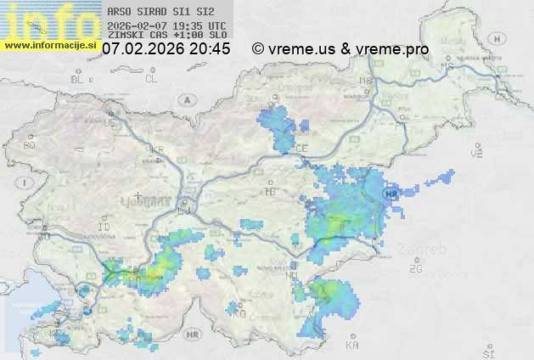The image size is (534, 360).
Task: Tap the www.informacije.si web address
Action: click(49, 44)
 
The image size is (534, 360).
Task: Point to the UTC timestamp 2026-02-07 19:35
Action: click(167, 25)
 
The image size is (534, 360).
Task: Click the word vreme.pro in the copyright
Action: click(393, 49)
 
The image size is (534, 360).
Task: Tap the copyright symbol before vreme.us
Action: click(258, 49)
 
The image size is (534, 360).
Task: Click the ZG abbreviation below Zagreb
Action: click(415, 268)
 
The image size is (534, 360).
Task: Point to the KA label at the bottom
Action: click(352, 346)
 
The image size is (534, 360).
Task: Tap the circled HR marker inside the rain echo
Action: click(391, 194)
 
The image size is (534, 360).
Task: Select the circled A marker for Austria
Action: click(185, 99)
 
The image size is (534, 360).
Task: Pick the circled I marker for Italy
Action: click(27, 182)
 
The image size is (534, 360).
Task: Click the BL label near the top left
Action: click(78, 79)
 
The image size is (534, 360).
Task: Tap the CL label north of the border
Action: click(151, 78)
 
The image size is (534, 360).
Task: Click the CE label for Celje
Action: click(301, 149)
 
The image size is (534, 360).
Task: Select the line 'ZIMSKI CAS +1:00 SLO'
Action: click(167, 36)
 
